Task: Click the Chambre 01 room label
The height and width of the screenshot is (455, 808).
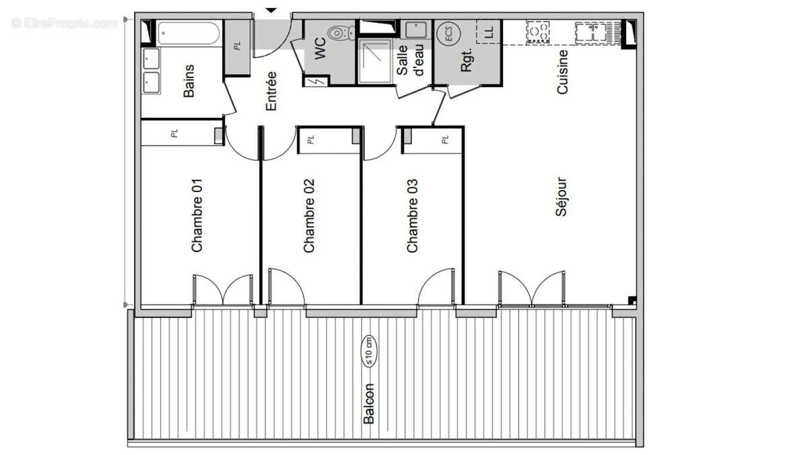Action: click(197, 215)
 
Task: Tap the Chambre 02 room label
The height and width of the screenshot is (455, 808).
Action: click(309, 215)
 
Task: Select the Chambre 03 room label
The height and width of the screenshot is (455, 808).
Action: click(412, 215)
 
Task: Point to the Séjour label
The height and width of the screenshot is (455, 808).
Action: click(562, 197)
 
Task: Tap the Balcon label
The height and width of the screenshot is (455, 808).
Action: click(369, 404)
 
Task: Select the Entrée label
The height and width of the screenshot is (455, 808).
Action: click(271, 91)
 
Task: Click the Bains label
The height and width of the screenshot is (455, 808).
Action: click(189, 81)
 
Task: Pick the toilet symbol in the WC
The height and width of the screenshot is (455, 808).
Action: click(341, 32)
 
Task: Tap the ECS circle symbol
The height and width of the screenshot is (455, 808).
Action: click(445, 34)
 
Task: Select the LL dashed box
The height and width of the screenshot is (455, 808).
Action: click(489, 31)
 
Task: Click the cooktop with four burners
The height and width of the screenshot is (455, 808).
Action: click(538, 32)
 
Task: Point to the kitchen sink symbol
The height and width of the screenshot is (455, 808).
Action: click(592, 32)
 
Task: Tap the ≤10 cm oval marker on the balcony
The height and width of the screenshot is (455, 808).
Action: click(370, 351)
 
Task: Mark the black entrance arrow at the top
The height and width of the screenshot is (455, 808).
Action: click(271, 9)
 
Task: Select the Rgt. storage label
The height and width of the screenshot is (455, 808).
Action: click(467, 61)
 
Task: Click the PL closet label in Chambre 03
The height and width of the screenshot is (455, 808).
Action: click(444, 140)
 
